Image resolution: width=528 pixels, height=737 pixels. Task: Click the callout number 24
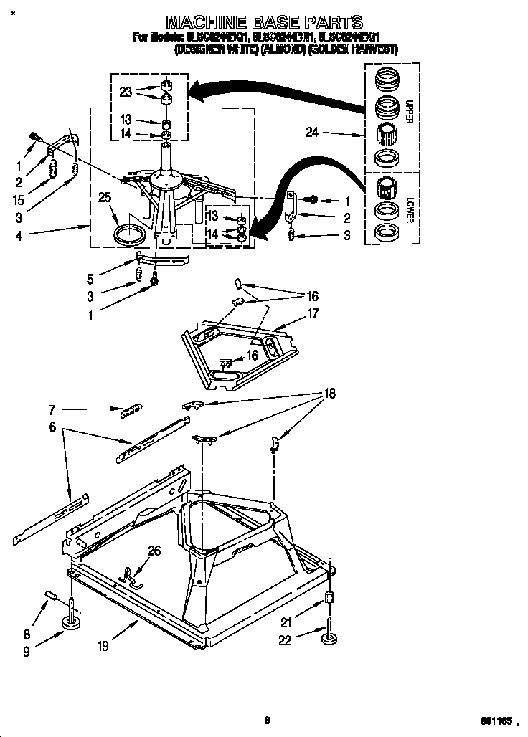[x=311, y=133]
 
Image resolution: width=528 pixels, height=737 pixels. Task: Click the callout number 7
[x=52, y=410]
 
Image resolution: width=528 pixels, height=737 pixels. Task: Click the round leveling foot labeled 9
[x=72, y=623]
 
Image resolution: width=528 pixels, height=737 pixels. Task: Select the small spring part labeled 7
[x=129, y=409]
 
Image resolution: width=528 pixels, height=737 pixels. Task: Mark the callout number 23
[x=126, y=92]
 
